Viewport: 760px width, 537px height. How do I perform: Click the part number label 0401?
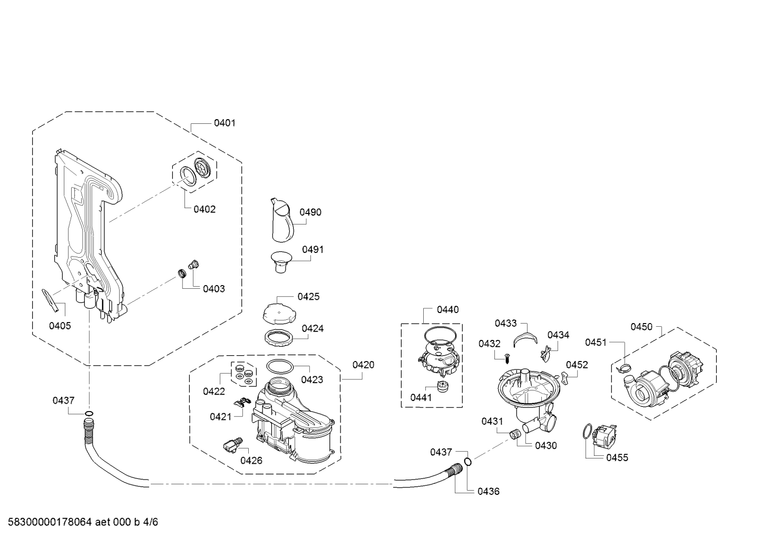point(225,123)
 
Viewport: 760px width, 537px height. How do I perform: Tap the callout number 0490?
point(310,212)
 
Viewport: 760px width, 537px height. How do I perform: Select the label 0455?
point(617,457)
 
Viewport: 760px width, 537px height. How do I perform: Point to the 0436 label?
point(489,492)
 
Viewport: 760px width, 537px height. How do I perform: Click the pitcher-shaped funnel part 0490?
point(282,220)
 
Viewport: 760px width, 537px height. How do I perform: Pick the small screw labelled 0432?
point(507,358)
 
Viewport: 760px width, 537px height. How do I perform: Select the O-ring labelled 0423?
point(280,367)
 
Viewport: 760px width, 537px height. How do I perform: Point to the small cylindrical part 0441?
point(442,386)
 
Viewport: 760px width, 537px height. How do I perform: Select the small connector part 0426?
point(233,444)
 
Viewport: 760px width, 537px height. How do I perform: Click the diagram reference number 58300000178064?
point(50,522)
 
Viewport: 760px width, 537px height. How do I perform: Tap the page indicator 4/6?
point(151,522)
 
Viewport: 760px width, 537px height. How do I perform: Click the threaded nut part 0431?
point(515,434)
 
